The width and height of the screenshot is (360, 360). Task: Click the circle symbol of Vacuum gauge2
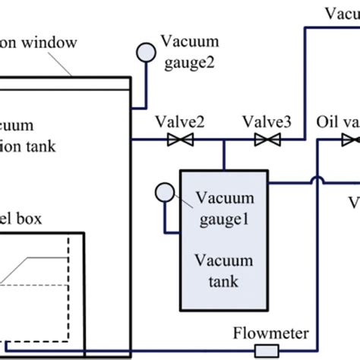click(142, 52)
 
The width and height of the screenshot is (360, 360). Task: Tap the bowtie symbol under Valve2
click(181, 140)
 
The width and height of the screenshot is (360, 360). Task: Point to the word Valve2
click(178, 122)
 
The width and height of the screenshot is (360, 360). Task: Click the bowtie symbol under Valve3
click(266, 140)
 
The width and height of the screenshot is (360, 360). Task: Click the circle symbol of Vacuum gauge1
click(164, 191)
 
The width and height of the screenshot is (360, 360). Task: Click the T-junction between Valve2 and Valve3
click(223, 140)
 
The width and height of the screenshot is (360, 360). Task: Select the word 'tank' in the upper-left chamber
click(57, 143)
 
